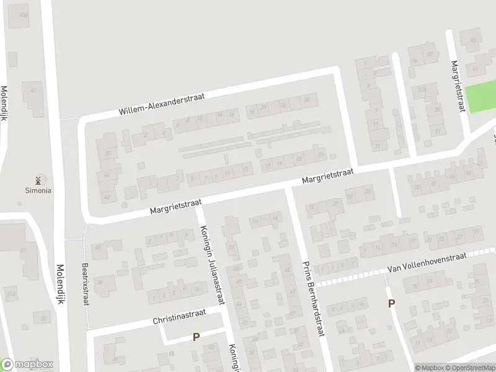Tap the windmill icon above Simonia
(38, 180)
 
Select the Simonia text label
(38, 190)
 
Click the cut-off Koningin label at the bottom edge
(234, 358)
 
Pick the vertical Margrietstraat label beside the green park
(458, 86)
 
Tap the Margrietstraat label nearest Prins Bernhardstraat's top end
(327, 179)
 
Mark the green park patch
(481, 98)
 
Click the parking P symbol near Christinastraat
(196, 337)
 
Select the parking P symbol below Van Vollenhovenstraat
(391, 303)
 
